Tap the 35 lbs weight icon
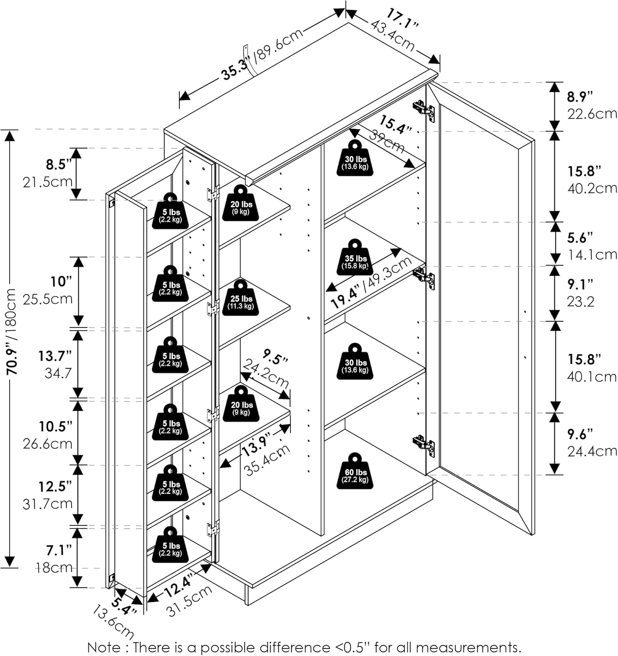coord(355,257)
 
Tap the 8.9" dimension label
coord(580,97)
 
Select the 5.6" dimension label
coord(580,238)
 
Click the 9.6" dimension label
coord(580,434)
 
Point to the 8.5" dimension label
coord(59,165)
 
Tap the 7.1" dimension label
coord(59,550)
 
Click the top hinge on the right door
coord(424,110)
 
